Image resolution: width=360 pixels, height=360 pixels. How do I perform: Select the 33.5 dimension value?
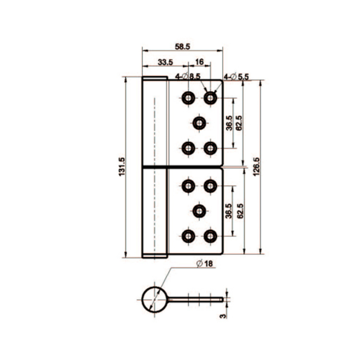[165, 62]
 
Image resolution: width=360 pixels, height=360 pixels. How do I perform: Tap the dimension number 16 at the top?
[200, 62]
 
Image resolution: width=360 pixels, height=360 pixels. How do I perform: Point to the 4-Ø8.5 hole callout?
[188, 76]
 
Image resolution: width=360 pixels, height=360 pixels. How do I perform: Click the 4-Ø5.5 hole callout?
[237, 76]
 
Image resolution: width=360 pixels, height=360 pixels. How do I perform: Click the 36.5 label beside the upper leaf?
[229, 123]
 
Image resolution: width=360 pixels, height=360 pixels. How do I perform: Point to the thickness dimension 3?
[222, 315]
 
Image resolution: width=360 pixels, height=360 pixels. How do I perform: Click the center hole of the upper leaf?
[199, 123]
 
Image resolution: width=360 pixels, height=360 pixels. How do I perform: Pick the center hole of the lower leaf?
[199, 210]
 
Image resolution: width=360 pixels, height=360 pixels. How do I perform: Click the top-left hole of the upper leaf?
[188, 98]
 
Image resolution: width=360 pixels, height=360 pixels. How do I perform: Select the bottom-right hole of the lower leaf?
[210, 236]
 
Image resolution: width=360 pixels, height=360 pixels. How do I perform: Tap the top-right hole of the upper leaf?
[210, 98]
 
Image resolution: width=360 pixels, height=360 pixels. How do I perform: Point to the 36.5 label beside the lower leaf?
[229, 211]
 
